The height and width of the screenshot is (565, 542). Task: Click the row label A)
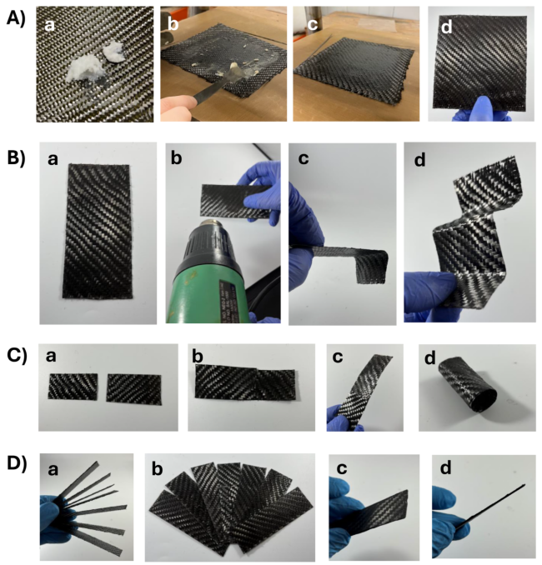click(x=16, y=18)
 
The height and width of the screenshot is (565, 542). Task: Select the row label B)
click(x=17, y=158)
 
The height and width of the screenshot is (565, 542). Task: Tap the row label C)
click(x=17, y=357)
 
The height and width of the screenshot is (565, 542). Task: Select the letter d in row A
click(x=446, y=27)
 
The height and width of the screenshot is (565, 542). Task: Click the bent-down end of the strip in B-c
click(x=371, y=267)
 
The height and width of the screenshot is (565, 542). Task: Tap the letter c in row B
click(x=304, y=159)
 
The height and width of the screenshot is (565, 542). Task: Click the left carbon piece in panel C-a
click(x=73, y=387)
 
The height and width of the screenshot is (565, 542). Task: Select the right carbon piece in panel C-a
click(x=133, y=389)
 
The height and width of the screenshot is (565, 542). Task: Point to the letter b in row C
click(x=198, y=357)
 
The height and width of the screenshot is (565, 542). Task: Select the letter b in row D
click(x=158, y=469)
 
